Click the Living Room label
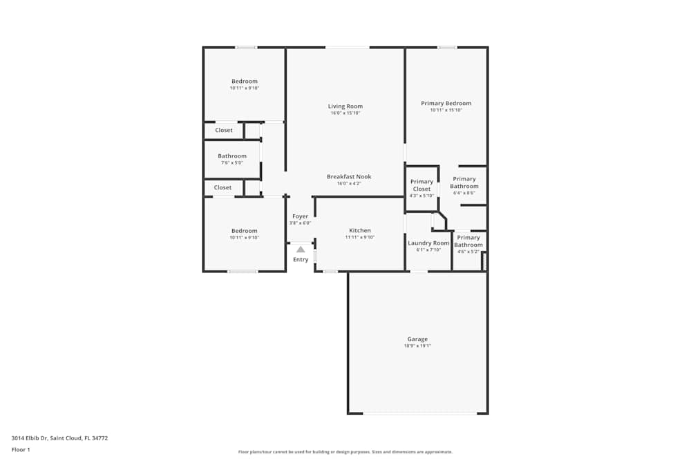tap(345, 106)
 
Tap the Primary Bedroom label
tap(446, 104)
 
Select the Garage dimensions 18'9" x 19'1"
tap(417, 346)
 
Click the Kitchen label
tap(359, 230)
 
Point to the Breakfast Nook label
tap(349, 177)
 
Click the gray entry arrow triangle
tap(301, 249)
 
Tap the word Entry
tap(301, 260)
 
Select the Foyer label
tap(300, 216)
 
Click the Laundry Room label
tap(428, 243)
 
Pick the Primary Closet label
tap(422, 185)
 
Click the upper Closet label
tap(224, 130)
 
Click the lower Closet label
tap(223, 187)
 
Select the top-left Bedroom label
tap(244, 82)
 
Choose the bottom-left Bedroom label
tap(244, 231)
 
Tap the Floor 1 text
tap(21, 449)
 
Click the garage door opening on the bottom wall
tap(419, 413)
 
